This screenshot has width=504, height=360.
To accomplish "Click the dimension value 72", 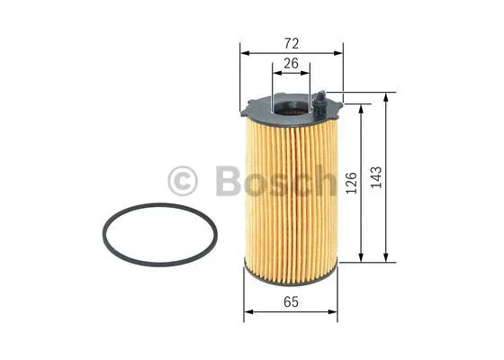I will pos(291,42).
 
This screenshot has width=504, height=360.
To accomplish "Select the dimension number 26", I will pos(291,64).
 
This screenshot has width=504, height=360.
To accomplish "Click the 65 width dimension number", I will pos(291,302).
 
